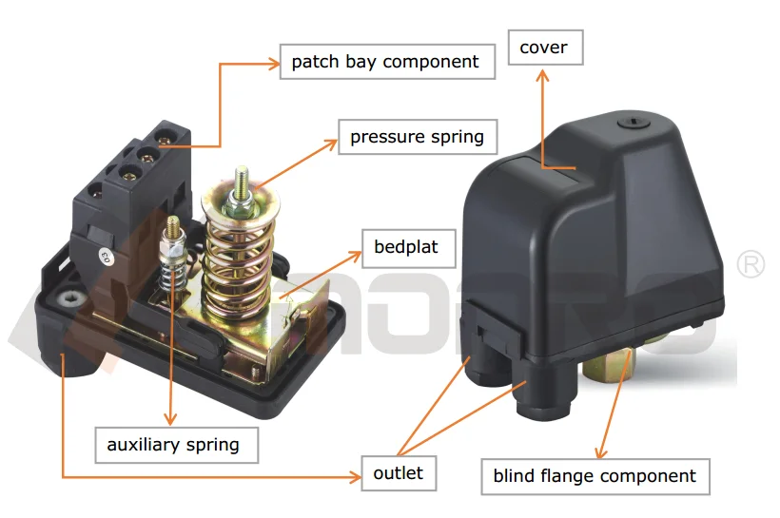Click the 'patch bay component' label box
385,63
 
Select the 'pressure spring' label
417,137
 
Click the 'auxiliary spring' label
173,444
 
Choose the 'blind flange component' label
595,476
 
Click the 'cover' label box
543,48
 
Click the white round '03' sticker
105,255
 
